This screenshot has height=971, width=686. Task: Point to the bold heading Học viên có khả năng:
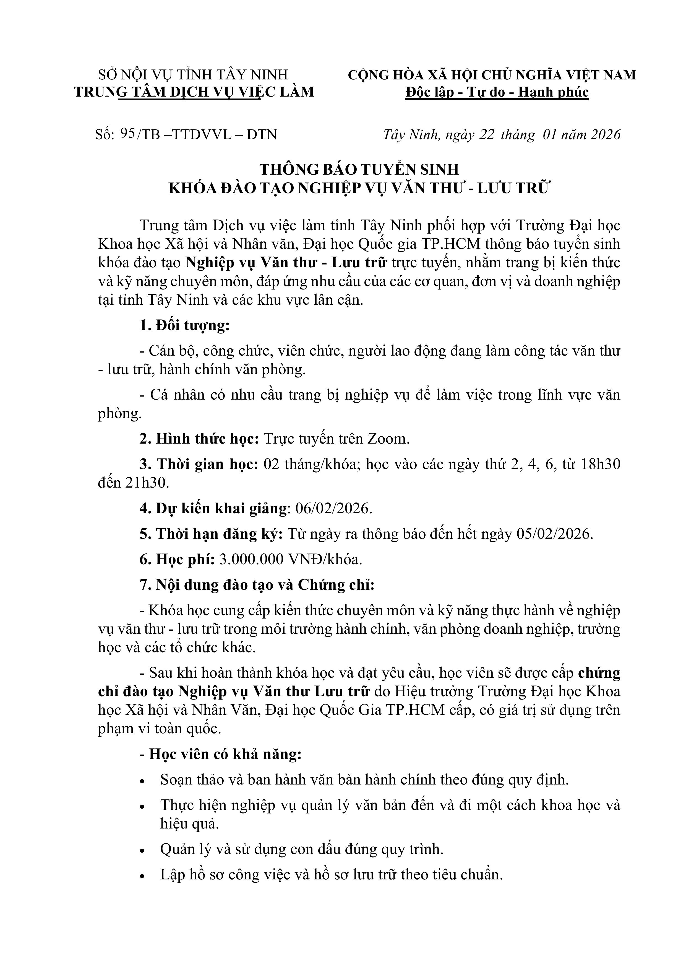(x=221, y=754)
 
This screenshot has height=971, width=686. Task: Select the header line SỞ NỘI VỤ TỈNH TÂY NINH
(x=193, y=75)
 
